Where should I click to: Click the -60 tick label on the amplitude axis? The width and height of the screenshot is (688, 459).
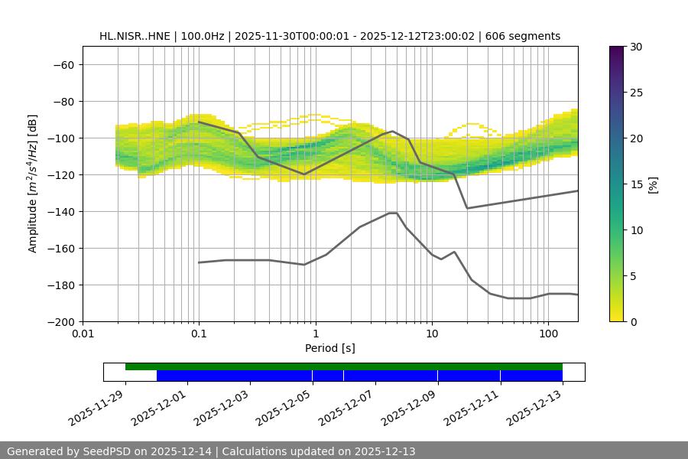[62, 64]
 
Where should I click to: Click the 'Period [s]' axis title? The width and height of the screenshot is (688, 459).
[330, 349]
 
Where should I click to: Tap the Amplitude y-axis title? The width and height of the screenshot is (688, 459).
[33, 184]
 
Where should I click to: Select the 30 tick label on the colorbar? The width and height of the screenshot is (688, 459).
[635, 47]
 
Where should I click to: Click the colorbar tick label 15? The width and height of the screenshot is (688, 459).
[635, 184]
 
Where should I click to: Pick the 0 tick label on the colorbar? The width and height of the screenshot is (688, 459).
[632, 321]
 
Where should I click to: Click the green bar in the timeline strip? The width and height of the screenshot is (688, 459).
[344, 366]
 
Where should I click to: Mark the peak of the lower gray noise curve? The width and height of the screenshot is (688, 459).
[393, 213]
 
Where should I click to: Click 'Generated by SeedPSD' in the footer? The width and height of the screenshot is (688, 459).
[65, 451]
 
